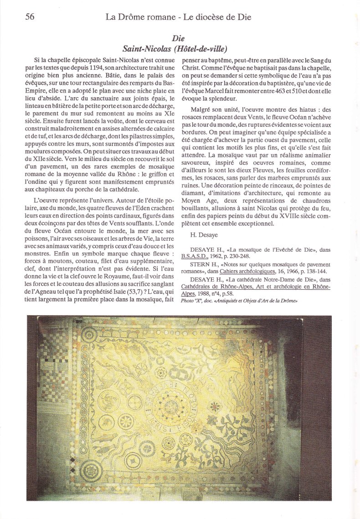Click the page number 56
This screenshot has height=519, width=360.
[x=30, y=17]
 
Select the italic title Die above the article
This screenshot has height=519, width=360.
[x=178, y=39]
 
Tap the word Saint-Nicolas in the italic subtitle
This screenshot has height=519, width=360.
[x=145, y=49]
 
